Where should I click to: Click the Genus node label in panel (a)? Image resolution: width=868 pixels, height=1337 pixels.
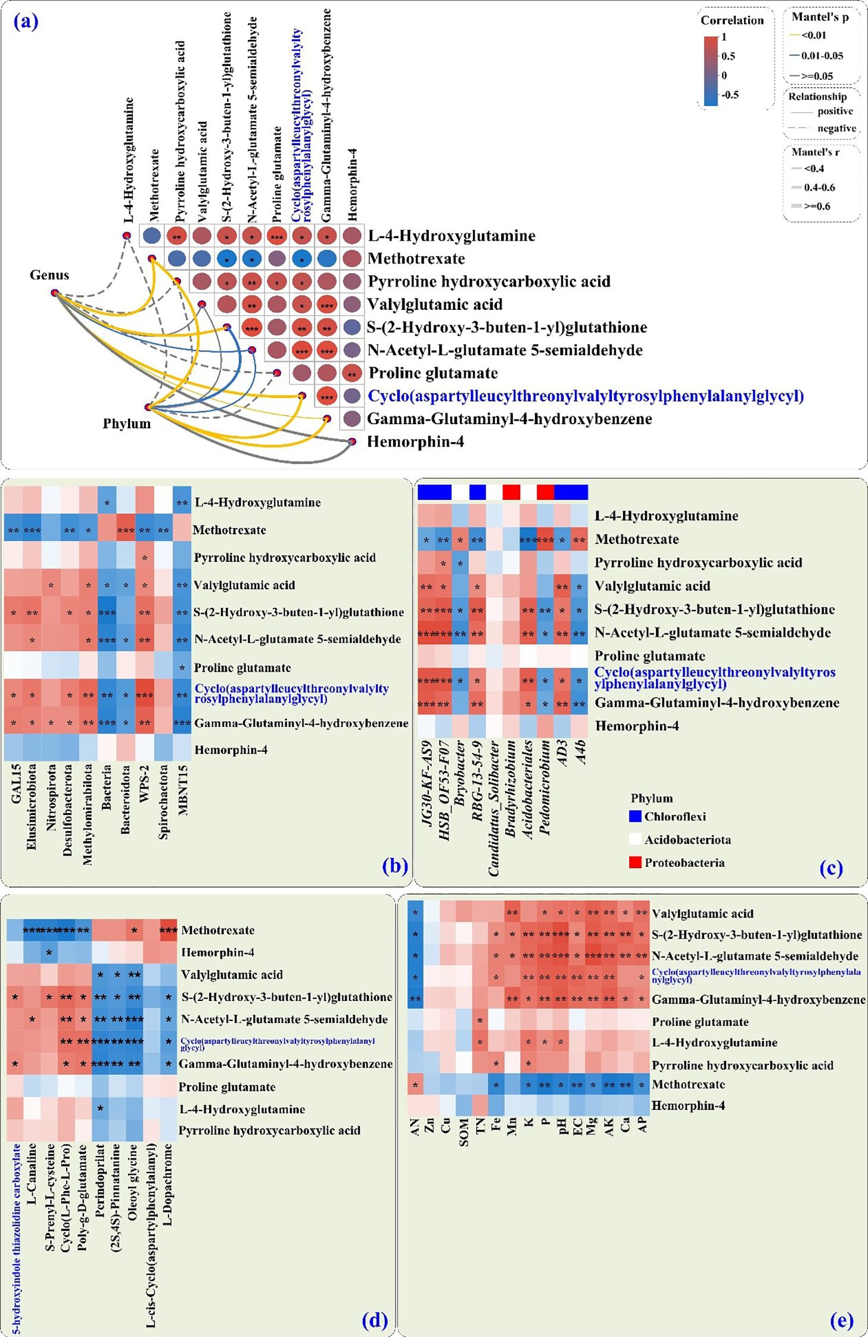(x=49, y=275)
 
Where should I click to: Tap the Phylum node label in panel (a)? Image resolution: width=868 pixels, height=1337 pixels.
(x=126, y=424)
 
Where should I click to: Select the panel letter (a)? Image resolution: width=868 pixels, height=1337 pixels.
(x=26, y=22)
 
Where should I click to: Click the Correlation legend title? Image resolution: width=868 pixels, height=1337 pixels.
(x=732, y=20)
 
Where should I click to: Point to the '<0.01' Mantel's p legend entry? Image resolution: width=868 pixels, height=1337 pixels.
(x=813, y=35)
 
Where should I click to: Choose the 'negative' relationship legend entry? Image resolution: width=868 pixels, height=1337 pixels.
(x=836, y=128)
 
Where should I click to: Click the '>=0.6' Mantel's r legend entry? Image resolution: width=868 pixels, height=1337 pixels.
(x=817, y=206)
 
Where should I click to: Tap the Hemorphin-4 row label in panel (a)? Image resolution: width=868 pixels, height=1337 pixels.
(x=415, y=442)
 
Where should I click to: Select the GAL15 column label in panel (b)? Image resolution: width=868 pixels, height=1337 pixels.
(x=16, y=783)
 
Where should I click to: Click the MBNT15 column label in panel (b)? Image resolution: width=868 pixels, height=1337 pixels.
(x=183, y=789)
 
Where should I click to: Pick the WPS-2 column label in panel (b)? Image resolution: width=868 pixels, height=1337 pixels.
(x=145, y=783)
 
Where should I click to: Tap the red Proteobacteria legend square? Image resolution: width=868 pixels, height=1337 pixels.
(x=635, y=862)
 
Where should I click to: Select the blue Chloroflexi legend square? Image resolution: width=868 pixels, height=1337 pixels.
(x=635, y=816)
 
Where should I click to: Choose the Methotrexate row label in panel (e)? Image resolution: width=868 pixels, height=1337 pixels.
(x=688, y=1084)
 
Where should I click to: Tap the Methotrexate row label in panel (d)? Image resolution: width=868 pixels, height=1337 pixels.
(x=217, y=930)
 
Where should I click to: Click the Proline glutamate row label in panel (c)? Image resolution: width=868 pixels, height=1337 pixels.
(x=649, y=656)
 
